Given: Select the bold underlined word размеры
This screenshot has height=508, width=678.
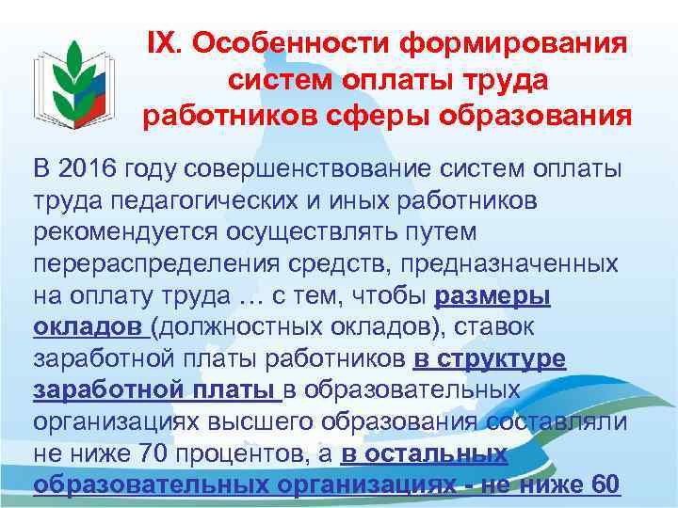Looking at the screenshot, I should pos(492,296).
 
